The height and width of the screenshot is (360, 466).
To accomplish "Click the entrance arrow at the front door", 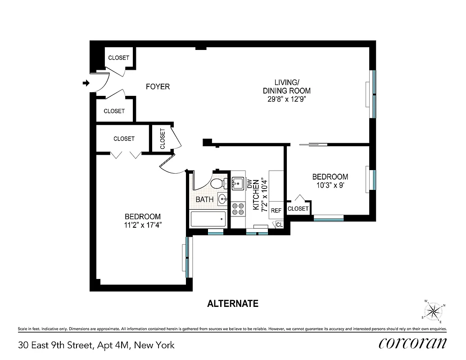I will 86,83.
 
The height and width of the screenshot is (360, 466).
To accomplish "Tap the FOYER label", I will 158,86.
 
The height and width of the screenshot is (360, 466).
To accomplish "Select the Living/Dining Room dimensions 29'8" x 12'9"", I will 286,99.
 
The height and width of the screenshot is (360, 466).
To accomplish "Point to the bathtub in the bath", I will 208,220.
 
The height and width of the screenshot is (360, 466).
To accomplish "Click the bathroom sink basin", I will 223,198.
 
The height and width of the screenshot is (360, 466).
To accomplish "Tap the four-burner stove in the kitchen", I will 238,209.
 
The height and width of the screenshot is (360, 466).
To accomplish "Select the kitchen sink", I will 238,183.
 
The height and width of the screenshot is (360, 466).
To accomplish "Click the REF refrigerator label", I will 276,210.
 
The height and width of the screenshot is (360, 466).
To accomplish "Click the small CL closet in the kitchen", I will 279,225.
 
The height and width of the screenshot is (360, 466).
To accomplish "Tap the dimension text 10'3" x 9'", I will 330,184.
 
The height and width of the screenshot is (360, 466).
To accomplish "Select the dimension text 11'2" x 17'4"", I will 143,225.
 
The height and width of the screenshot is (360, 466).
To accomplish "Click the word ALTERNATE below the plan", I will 233,304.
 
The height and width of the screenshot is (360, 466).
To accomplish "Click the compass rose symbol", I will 433,310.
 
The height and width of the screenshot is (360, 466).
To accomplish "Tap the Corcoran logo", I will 413,343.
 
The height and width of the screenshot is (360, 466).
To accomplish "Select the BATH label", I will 204,199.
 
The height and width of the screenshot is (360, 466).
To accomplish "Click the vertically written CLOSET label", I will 163,139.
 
